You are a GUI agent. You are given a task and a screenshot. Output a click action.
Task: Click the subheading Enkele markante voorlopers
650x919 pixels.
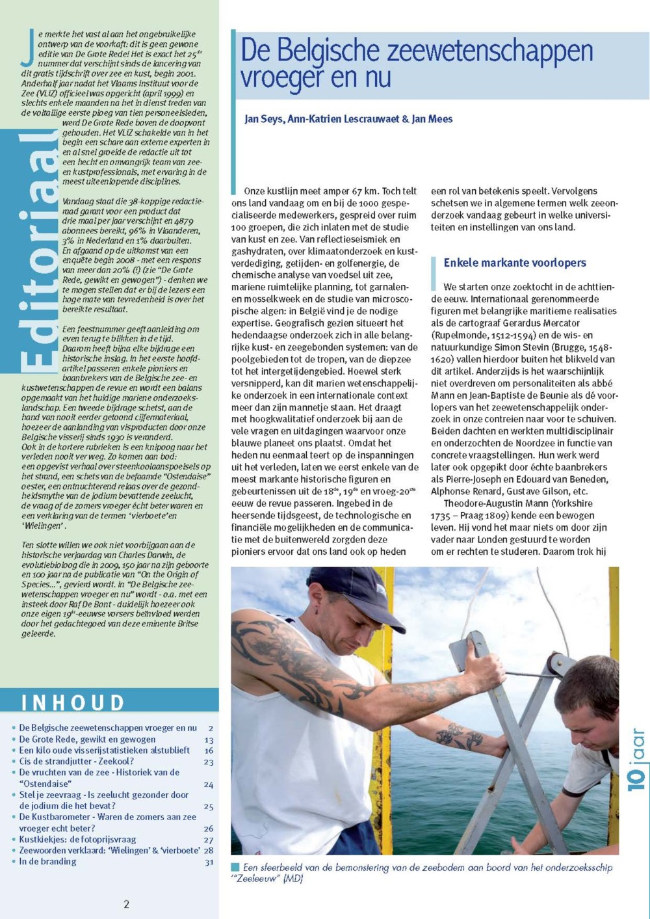point(515,263)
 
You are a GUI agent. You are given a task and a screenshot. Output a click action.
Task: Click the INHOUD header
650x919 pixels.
point(73,702)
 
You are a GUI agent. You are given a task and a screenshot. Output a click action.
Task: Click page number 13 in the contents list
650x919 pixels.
point(209,739)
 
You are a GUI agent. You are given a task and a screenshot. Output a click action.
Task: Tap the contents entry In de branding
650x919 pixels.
point(47,861)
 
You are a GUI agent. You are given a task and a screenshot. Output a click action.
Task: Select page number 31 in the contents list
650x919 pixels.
point(209,862)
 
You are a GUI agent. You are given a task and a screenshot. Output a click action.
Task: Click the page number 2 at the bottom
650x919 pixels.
point(127,903)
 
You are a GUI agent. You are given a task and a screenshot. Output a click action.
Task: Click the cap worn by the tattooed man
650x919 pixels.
point(354,593)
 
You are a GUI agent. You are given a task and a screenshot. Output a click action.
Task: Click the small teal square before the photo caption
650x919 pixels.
point(235,867)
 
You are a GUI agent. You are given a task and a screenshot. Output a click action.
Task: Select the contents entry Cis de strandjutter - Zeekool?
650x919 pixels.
point(76,762)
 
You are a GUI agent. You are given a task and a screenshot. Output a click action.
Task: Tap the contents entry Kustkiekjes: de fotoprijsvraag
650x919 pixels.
point(77,840)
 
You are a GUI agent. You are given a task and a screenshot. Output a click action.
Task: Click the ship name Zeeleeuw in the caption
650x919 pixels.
point(259,879)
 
